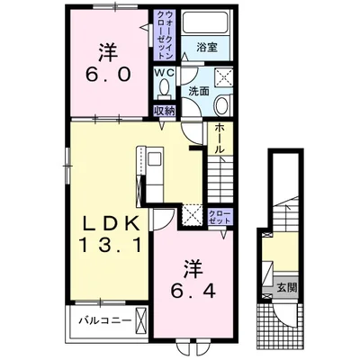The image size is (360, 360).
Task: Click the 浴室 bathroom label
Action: [207, 47]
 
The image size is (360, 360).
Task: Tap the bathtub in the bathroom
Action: [206, 22]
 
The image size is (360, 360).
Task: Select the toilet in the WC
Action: [165, 89]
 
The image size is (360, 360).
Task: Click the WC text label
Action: [164, 73]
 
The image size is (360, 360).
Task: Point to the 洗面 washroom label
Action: [198, 92]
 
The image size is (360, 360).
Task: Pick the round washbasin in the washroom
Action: [222, 104]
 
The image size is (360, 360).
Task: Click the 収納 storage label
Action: [165, 111]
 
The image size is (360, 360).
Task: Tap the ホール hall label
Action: [220, 139]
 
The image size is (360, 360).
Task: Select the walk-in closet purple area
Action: [165, 35]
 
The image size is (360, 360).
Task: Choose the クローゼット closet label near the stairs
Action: [220, 217]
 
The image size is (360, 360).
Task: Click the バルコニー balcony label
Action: [105, 320]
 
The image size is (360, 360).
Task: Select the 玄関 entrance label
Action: [286, 287]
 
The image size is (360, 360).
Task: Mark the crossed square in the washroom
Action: [225, 77]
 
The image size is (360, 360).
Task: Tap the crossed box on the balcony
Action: [140, 319]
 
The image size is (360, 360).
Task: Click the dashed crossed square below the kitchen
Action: [192, 214]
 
